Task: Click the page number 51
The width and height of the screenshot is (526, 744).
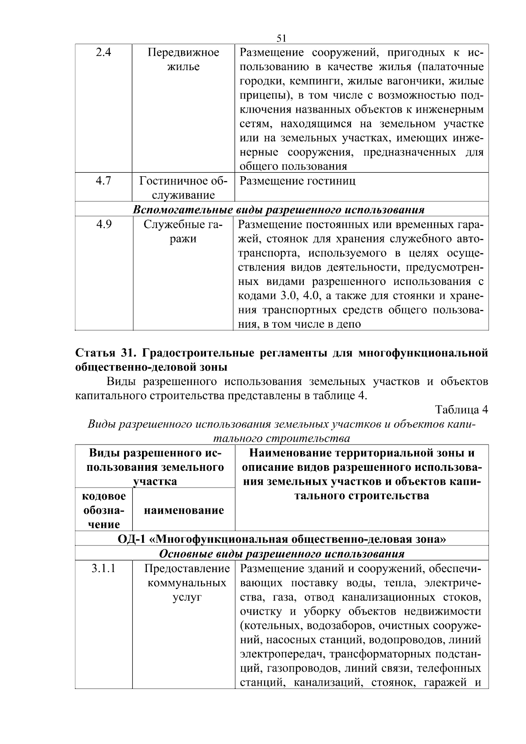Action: pos(281,39)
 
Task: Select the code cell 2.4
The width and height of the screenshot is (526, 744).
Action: pos(103,53)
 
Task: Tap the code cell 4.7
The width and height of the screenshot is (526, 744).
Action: pos(103,181)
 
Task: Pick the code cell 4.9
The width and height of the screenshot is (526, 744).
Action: pos(103,224)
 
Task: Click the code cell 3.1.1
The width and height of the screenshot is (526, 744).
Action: pos(103,569)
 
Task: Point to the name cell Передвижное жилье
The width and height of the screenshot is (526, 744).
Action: pos(183,60)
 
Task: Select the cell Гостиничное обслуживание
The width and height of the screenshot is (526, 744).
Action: pos(183,188)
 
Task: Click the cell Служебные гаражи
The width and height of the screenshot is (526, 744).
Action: pos(183,231)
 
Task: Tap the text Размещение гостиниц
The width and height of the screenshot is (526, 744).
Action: pos(298,181)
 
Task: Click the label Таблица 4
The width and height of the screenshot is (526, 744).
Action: pos(461,409)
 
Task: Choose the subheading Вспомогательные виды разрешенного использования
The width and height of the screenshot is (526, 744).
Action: pos(279,210)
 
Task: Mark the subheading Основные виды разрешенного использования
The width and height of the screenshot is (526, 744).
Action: pos(281,554)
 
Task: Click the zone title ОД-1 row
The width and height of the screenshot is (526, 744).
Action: pos(281,539)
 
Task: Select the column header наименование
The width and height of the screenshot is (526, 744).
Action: pos(184,510)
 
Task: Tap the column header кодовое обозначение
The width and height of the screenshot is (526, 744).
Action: pos(104,510)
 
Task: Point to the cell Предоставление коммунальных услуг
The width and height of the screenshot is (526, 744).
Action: pos(187,583)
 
